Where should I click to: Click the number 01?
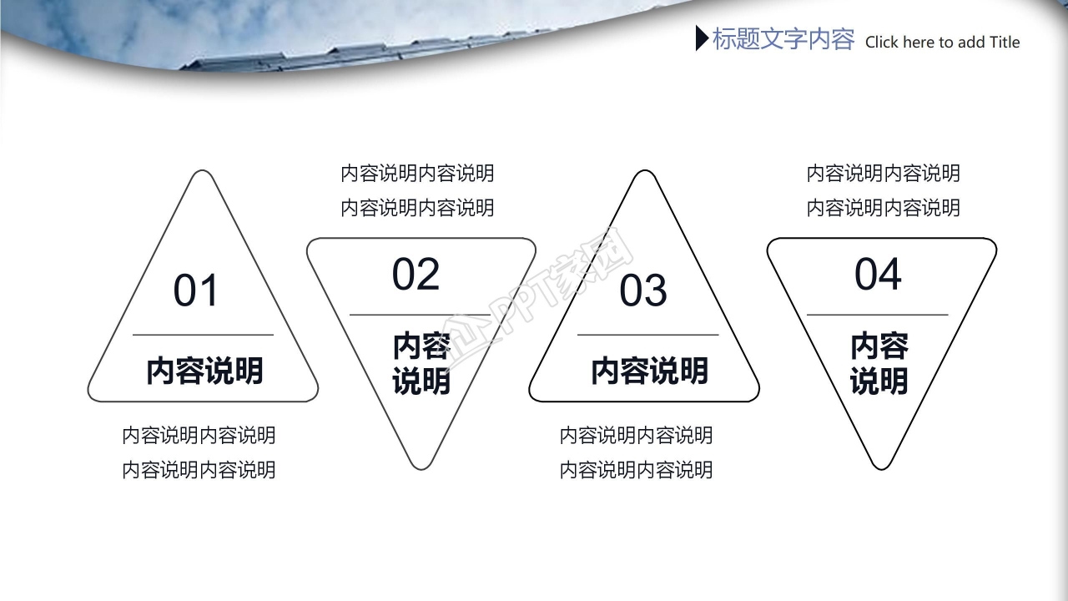pyautogui.click(x=196, y=290)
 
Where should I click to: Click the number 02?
pyautogui.click(x=416, y=275)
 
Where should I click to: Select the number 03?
pyautogui.click(x=643, y=290)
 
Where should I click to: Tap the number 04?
pyautogui.click(x=878, y=275)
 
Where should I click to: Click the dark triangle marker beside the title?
pyautogui.click(x=702, y=38)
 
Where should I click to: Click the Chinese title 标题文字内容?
pyautogui.click(x=783, y=39)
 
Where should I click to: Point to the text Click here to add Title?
pyautogui.click(x=942, y=43)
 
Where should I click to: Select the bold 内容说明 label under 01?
pyautogui.click(x=204, y=371)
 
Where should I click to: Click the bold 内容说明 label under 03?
pyautogui.click(x=649, y=371)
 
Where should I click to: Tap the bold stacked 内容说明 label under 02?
pyautogui.click(x=421, y=364)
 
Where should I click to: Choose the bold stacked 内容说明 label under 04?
pyautogui.click(x=879, y=364)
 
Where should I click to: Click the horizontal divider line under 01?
pyautogui.click(x=203, y=335)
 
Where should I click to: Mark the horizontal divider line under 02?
pyautogui.click(x=418, y=315)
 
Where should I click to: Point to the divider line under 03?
pyautogui.click(x=647, y=335)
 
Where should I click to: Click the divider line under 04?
pyautogui.click(x=877, y=315)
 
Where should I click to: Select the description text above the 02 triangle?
pyautogui.click(x=417, y=190)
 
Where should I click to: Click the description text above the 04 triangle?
pyautogui.click(x=883, y=190)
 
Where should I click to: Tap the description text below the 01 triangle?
pyautogui.click(x=199, y=452)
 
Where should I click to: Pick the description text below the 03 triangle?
pyautogui.click(x=636, y=452)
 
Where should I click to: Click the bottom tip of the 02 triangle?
pyautogui.click(x=421, y=466)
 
